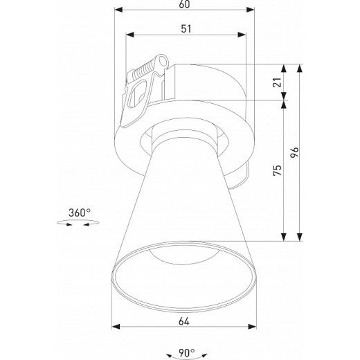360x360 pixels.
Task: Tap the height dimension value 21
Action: point(278,83)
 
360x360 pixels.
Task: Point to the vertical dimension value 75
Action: point(278,171)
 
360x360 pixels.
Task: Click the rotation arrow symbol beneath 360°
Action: point(78,223)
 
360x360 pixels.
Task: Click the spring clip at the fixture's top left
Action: point(143,86)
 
